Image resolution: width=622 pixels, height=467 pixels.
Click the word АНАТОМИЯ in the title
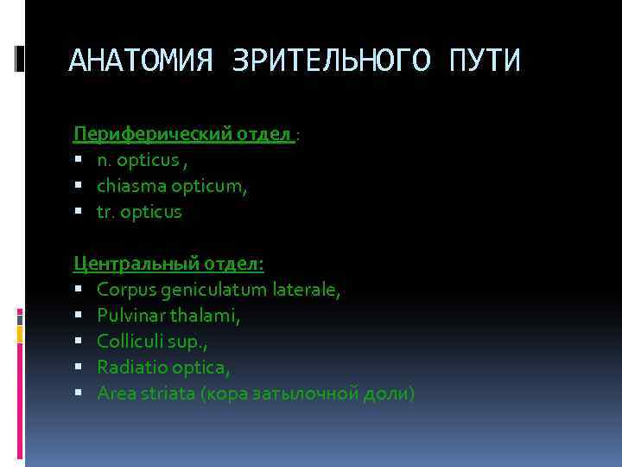coord(140,61)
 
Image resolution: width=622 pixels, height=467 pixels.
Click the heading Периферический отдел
coord(183,133)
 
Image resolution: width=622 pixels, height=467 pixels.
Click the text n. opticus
coord(136,159)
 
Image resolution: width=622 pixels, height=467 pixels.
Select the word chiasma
coord(126,185)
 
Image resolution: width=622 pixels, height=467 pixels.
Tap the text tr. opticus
coord(139,211)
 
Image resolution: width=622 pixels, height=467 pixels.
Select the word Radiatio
coord(128,367)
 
